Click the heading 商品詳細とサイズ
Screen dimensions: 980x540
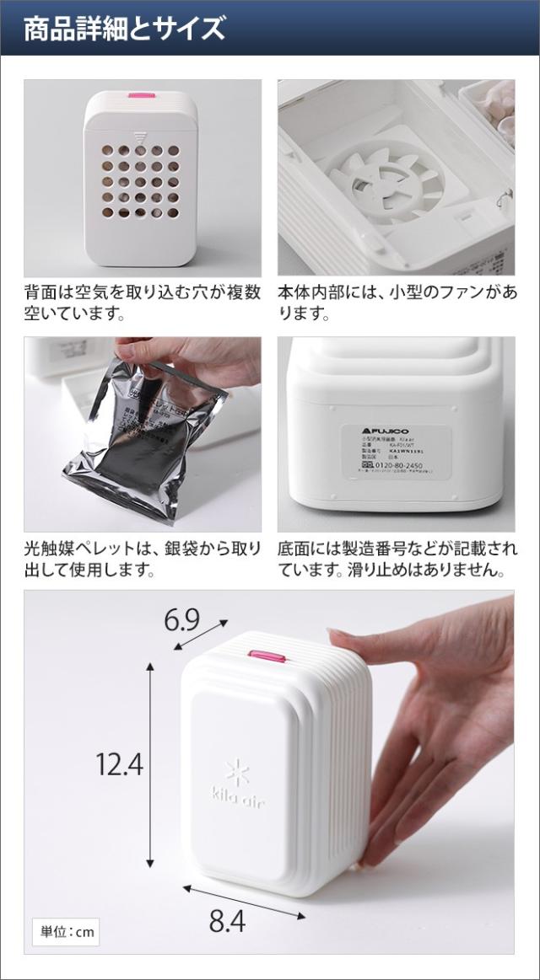tap(124, 29)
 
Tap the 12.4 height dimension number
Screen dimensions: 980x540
tap(119, 764)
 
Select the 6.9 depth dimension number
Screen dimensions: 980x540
tap(181, 621)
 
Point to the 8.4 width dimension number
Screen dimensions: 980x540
tap(226, 921)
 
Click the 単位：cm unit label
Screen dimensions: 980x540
tap(66, 933)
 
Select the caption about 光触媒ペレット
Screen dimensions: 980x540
tap(142, 560)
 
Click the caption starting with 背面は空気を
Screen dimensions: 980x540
tap(142, 303)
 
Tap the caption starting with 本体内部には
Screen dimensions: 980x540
tap(397, 303)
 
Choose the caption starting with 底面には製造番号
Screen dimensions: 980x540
tap(397, 560)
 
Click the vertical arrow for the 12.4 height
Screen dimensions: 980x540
tap(150, 764)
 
